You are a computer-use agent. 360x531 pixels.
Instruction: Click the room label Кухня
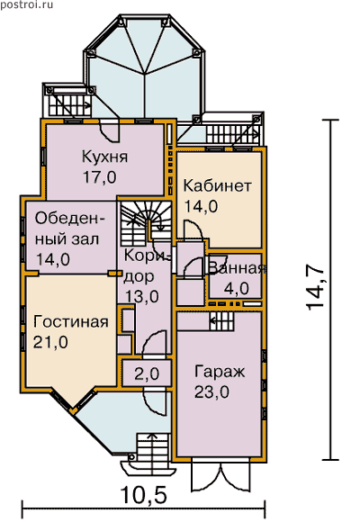coord(105,157)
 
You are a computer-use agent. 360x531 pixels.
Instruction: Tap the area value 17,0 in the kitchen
coord(100,176)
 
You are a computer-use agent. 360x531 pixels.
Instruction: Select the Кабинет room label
coord(218,186)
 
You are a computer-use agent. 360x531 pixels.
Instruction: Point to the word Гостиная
coord(71,321)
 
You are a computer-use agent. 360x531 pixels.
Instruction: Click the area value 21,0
coord(50,342)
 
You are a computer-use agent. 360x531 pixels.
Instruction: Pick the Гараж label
coord(220,372)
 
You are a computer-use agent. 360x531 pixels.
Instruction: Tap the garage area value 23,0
coord(211,391)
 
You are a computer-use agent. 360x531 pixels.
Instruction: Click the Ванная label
coord(237,268)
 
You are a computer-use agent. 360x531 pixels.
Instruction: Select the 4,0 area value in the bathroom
coord(237,289)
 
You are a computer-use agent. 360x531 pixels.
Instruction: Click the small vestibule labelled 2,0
coord(147,374)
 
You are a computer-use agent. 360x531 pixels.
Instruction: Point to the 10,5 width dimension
coord(144,495)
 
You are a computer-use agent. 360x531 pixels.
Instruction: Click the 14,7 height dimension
coord(315,287)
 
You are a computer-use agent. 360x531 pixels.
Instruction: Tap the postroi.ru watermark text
coord(27,5)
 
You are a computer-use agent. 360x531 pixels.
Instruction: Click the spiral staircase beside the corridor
coord(146,223)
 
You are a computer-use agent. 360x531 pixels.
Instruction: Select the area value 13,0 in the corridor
coord(142,296)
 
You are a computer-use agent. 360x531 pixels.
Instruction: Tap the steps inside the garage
coord(221,320)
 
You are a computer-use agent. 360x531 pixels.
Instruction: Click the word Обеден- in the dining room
coord(70,219)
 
